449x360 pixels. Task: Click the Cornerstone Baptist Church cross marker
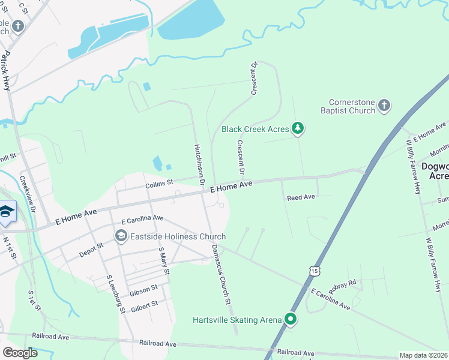[384, 107]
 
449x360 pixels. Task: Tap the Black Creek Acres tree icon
[297, 128]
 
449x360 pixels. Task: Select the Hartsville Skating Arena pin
[291, 319]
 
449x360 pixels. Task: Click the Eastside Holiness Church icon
[121, 236]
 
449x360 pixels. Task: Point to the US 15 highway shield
[314, 272]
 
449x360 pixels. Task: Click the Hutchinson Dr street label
[199, 164]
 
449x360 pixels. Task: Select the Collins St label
[159, 182]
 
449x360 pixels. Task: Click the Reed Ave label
[301, 197]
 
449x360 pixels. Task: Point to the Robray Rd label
[345, 283]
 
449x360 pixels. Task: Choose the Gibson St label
[143, 290]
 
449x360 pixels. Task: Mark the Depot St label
[91, 250]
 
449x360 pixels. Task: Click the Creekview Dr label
[28, 194]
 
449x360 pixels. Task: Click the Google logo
[20, 352]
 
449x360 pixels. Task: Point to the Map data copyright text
[423, 355]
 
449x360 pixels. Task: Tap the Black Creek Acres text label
[255, 129]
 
